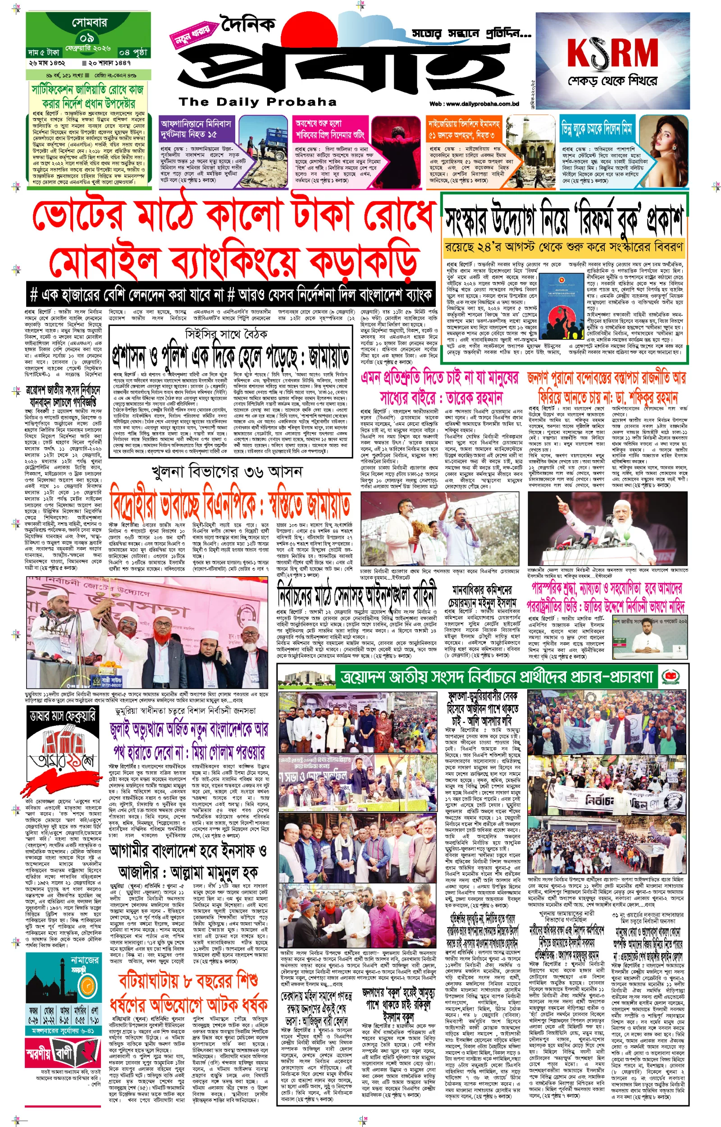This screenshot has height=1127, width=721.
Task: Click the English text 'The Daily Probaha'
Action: pos(257,101)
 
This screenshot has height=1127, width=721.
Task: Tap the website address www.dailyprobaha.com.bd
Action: pos(474,104)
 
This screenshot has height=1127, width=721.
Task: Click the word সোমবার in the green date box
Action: pos(89,23)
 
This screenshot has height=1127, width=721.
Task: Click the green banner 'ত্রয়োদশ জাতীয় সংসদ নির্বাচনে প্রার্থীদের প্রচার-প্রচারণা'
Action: pos(496,676)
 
